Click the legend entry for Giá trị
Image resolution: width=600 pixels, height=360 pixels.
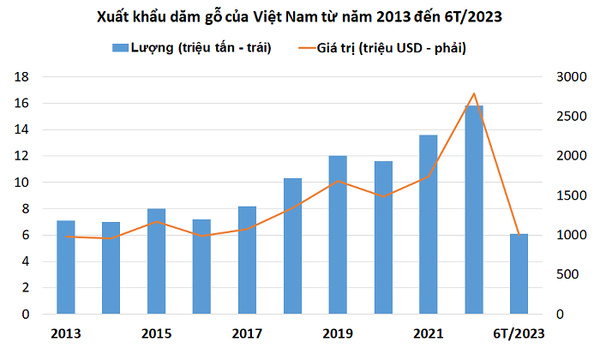398,46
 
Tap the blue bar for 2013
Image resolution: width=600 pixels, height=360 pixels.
66,267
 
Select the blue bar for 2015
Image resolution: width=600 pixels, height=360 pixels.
156,261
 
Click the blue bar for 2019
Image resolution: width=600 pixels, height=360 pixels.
338,235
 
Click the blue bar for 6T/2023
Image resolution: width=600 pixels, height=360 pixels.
519,273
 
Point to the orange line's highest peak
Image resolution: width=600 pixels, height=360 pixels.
474,93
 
